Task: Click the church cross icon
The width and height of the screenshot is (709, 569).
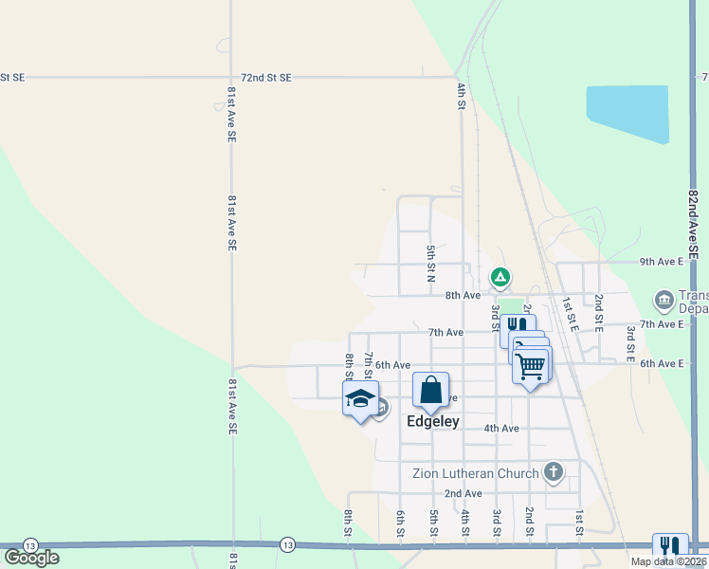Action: tap(554, 471)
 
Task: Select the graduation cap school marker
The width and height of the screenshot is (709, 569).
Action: tap(360, 399)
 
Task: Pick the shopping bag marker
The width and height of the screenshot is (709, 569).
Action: tap(430, 390)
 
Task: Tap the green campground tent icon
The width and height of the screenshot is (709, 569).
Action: tap(500, 277)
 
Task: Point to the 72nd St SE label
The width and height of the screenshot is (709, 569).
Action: tap(266, 77)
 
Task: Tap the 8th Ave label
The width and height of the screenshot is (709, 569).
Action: tap(464, 295)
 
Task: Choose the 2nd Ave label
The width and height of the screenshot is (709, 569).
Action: tap(463, 493)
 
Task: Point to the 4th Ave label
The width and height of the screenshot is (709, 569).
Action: tap(501, 429)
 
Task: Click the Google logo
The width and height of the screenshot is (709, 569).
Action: tap(31, 558)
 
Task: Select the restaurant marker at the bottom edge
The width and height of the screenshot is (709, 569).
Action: tap(669, 545)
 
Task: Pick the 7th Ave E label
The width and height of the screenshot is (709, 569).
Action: tap(662, 324)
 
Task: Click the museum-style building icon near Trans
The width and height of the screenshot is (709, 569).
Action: tap(664, 302)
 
